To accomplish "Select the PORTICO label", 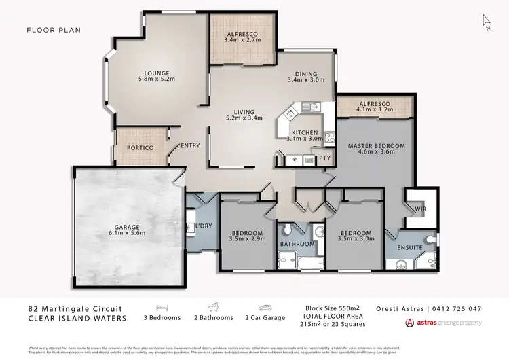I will [140, 147].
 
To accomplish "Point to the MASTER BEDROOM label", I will [376, 146].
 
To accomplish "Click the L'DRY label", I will [204, 226].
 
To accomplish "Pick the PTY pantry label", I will [325, 160].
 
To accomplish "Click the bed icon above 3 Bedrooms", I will [162, 307].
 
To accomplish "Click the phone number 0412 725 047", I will [458, 308].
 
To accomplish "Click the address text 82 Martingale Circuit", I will [74, 308].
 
